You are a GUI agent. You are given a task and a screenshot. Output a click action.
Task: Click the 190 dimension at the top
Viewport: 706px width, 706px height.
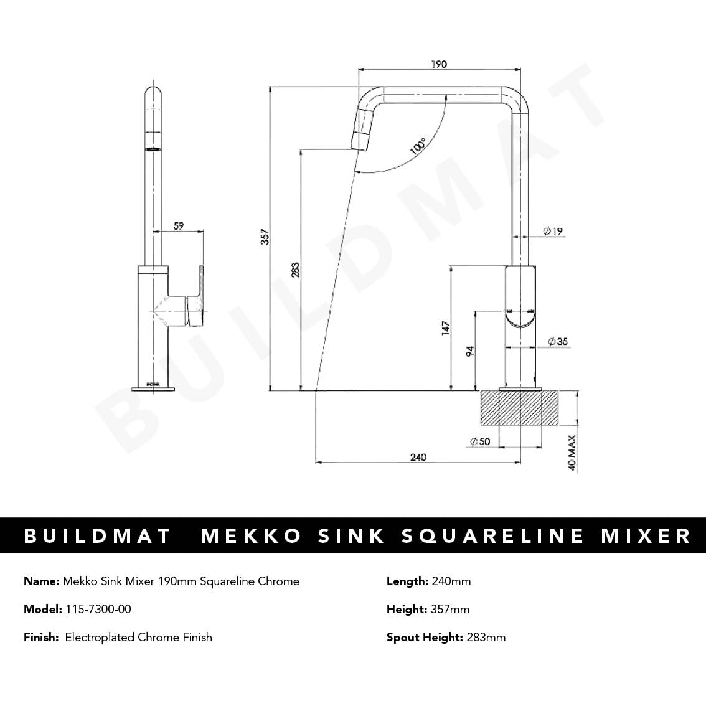pos(438,64)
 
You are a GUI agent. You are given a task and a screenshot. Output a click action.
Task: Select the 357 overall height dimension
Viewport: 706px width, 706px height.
pos(265,237)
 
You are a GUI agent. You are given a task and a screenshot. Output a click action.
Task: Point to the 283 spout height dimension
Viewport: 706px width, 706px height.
pos(295,269)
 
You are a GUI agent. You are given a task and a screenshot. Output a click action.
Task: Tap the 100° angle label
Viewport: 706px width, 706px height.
pos(418,147)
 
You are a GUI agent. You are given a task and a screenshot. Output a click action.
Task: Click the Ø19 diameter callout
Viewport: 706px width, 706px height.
pos(552,232)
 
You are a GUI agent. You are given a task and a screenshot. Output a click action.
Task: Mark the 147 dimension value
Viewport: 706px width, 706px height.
pos(445,329)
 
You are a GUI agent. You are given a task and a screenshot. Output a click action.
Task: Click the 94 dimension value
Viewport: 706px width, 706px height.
pos(470,351)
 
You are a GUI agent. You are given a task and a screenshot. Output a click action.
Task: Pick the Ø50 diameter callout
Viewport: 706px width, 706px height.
pos(480,441)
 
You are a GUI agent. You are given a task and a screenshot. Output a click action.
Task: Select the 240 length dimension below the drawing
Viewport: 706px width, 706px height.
pos(418,458)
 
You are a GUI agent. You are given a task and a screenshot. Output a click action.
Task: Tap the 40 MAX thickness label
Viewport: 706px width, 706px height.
pos(572,452)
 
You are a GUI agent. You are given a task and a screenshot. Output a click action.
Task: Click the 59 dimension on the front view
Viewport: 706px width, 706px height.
pos(179,226)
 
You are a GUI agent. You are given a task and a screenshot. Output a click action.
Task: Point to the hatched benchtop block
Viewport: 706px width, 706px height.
pos(519,408)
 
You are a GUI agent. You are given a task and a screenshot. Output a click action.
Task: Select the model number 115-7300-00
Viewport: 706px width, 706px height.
pos(98,609)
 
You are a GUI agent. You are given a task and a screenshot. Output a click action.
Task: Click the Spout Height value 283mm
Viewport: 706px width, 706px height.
pos(486,637)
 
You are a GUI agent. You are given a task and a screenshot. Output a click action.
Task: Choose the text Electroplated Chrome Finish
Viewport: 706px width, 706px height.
pos(138,637)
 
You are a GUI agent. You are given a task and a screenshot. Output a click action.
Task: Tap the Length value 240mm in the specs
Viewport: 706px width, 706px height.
pos(451,581)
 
